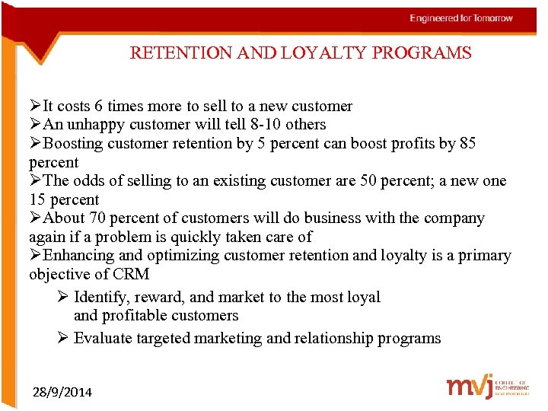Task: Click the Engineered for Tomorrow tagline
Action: click(461, 18)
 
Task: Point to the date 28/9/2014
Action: click(62, 392)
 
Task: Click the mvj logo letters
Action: click(470, 386)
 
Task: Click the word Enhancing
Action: click(78, 256)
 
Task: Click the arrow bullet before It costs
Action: click(35, 107)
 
